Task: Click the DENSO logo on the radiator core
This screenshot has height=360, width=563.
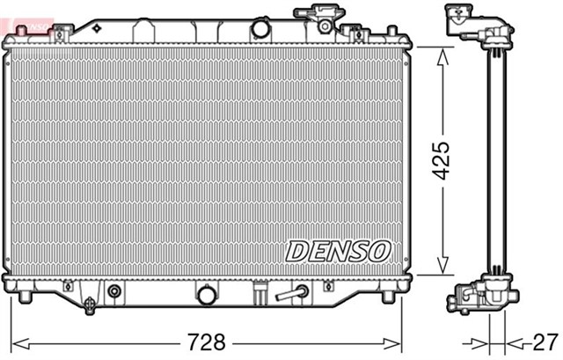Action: click(337, 251)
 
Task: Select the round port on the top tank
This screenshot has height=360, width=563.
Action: click(260, 28)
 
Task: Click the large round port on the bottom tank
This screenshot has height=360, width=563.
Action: click(207, 295)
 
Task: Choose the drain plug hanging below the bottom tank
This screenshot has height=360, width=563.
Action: click(91, 305)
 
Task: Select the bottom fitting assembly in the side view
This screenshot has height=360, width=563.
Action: click(479, 295)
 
